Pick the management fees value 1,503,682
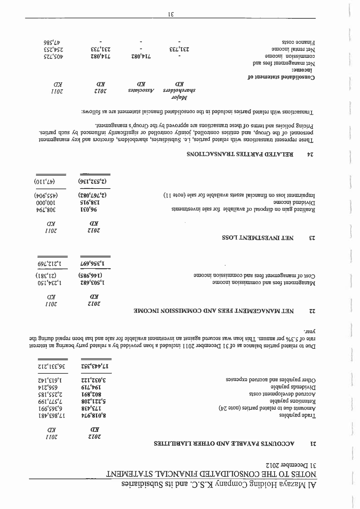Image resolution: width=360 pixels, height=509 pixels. tap(95, 283)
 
